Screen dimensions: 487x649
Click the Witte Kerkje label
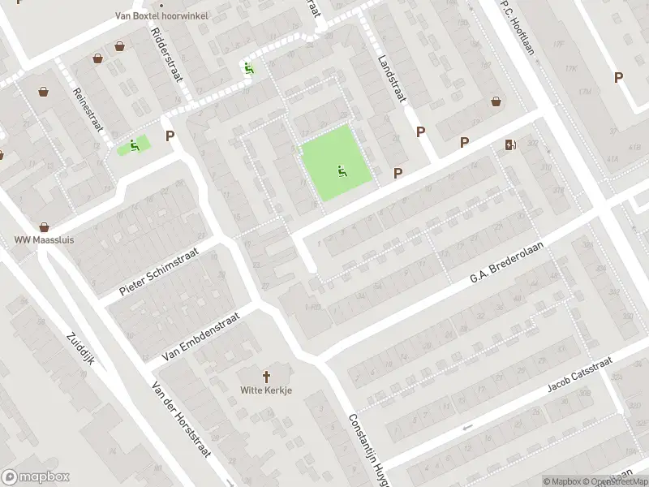pos(266,390)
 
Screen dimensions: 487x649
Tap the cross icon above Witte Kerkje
pos(266,377)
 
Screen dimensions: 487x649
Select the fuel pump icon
pos(510,145)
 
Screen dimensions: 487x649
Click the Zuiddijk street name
pos(80,349)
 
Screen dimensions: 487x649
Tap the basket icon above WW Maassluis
pos(44,228)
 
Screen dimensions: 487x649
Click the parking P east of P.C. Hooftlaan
pos(618,77)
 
